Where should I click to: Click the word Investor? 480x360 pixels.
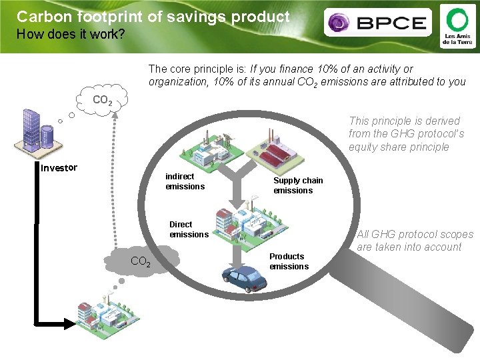[x=59, y=167]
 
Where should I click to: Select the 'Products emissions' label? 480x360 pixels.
[x=289, y=261]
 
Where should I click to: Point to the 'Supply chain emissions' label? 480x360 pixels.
[x=297, y=185]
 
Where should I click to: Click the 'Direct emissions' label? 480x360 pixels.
[x=189, y=229]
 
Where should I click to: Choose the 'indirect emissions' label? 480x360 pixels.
[x=185, y=181]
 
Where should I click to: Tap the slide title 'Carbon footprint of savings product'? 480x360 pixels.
[x=153, y=17]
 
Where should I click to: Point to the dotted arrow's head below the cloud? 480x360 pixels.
[x=114, y=115]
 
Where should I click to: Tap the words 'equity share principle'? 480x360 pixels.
[x=399, y=147]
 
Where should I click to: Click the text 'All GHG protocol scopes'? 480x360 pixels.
[x=415, y=234]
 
